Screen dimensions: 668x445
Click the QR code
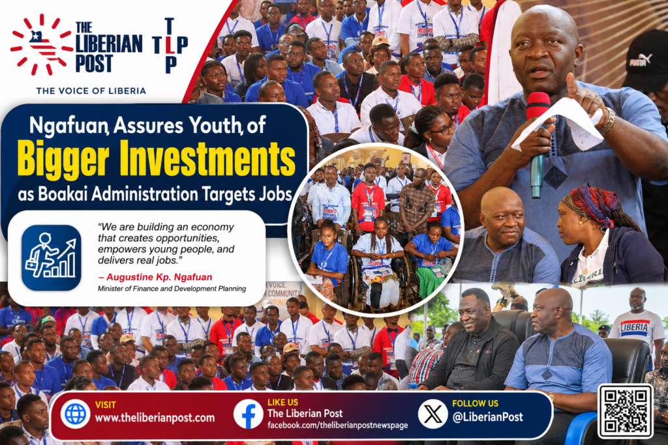point(626,411)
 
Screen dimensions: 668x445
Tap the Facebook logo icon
point(248,414)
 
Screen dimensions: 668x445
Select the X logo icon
point(433,414)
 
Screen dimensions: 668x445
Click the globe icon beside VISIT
point(76,414)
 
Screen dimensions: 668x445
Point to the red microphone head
point(538,106)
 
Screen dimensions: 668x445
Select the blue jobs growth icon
point(51,258)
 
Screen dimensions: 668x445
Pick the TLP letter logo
point(170,46)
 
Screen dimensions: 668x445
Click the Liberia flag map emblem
point(42,45)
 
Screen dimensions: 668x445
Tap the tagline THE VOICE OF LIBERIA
point(91,91)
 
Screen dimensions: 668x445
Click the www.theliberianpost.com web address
point(155,418)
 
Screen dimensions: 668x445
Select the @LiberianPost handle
point(488,417)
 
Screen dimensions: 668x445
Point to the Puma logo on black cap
point(641,60)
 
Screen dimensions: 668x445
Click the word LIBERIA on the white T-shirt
point(634,328)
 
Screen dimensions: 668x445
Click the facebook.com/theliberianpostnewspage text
point(338,425)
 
